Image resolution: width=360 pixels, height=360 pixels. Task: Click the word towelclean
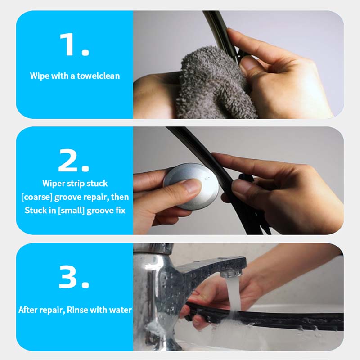click(x=98, y=76)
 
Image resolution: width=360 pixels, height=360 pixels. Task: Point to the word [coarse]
click(x=37, y=197)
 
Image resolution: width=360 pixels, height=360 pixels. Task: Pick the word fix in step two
click(x=120, y=211)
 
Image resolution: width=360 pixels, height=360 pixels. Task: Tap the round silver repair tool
click(x=191, y=186)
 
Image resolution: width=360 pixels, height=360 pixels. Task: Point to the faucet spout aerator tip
click(x=231, y=273)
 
